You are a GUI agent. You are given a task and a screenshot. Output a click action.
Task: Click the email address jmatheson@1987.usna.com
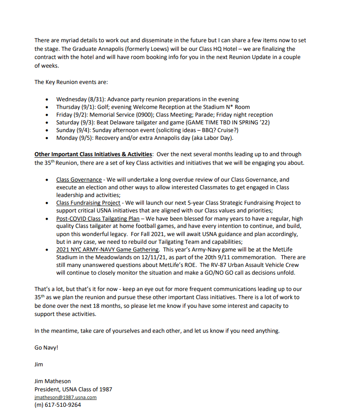65,397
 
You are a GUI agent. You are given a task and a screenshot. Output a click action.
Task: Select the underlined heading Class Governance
79,180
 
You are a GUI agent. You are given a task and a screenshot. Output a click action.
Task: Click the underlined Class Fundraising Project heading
88,203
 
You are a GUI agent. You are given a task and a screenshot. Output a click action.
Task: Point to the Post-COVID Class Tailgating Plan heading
98,218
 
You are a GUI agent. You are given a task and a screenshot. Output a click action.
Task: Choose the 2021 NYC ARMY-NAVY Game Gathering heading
108,249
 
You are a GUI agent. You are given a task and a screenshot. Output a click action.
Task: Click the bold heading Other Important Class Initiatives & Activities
93,154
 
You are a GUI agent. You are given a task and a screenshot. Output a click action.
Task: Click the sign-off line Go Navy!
46,348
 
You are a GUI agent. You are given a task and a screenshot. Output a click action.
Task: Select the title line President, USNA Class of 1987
73,389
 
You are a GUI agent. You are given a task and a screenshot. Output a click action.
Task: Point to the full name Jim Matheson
53,381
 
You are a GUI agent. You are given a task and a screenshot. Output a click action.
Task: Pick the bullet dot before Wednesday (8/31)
49,99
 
